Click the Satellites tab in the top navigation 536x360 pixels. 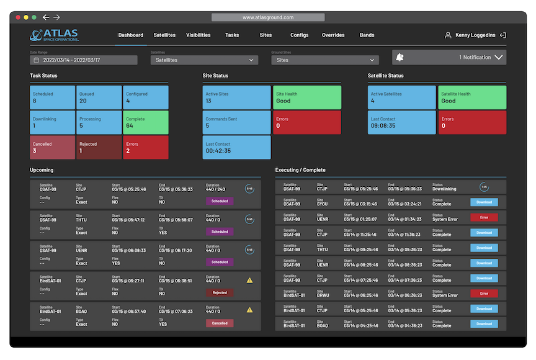coord(164,35)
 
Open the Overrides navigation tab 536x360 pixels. coord(333,35)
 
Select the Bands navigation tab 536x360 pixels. coord(367,35)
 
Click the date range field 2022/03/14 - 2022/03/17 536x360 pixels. coord(84,60)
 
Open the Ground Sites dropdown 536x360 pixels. coord(324,60)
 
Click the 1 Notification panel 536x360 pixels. coord(449,57)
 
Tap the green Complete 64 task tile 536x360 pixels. coord(146,122)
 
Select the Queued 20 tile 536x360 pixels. coord(99,97)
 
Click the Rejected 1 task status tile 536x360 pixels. coord(99,147)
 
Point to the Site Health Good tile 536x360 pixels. coord(306,97)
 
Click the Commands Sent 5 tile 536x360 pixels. coord(236,122)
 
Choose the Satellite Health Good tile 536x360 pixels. coord(471,97)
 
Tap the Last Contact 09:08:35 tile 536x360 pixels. coord(402,122)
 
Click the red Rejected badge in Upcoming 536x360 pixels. coord(220,292)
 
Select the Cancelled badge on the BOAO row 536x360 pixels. coord(220,323)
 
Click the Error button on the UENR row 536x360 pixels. coord(484,217)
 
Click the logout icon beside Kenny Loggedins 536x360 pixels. coord(503,35)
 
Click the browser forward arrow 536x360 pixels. coord(57,17)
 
